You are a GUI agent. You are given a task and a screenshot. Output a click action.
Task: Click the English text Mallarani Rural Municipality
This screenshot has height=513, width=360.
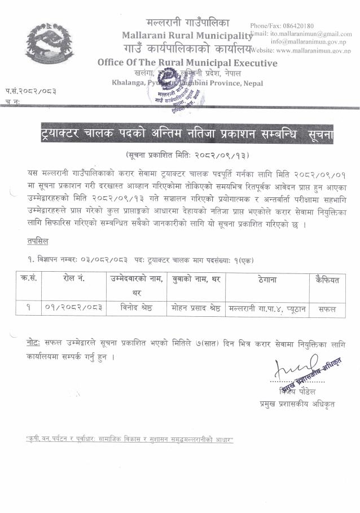tap(187, 36)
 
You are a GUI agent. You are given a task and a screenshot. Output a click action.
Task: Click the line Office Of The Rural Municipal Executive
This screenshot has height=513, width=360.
tap(187, 63)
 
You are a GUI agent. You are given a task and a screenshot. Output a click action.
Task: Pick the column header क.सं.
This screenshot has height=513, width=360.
tap(30, 280)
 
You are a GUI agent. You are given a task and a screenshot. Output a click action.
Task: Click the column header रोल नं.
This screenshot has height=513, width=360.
tap(73, 280)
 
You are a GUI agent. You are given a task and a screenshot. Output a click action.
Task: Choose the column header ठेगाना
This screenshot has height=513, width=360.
tap(265, 280)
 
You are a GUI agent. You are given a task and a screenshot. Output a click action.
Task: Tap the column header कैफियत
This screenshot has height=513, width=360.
tap(326, 280)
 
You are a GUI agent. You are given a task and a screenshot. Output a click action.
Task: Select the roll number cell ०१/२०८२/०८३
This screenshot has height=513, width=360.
tap(73, 309)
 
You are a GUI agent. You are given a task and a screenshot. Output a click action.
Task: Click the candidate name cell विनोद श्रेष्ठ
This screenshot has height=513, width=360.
tap(137, 309)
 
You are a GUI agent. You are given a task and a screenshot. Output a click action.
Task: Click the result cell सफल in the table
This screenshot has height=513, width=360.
tap(326, 309)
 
